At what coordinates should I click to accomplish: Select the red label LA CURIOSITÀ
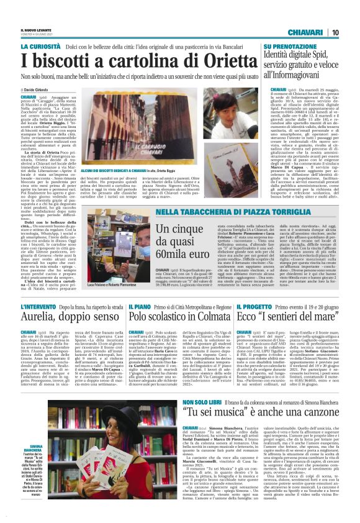[x=42, y=47]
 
